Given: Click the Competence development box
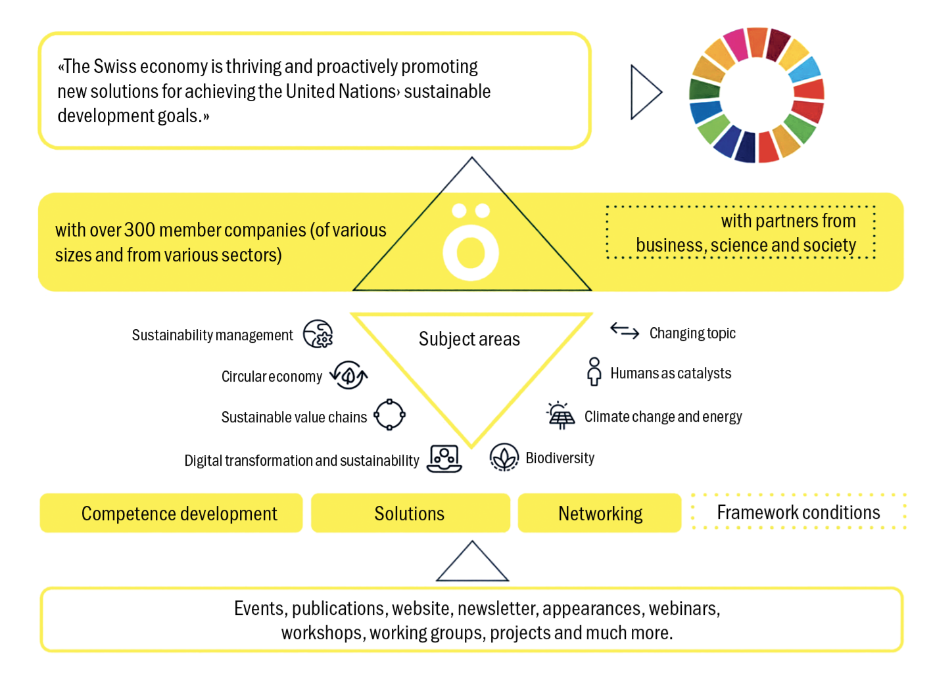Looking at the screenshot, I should pyautogui.click(x=171, y=513).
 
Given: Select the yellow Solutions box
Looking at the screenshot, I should pyautogui.click(x=410, y=513).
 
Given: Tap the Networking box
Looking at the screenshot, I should pyautogui.click(x=600, y=513).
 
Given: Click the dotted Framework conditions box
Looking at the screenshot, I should pyautogui.click(x=798, y=512).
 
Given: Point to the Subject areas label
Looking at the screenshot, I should pyautogui.click(x=469, y=339).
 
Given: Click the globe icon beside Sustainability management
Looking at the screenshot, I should pyautogui.click(x=318, y=334).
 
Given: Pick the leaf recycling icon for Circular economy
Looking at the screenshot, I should pyautogui.click(x=348, y=375).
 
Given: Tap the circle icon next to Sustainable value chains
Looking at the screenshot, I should pyautogui.click(x=389, y=415).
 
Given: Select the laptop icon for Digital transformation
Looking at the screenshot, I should pyautogui.click(x=444, y=459).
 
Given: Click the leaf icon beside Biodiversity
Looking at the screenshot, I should pyautogui.click(x=504, y=457).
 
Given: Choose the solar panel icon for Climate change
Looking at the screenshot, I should pyautogui.click(x=560, y=415).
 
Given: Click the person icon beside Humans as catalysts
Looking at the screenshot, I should pyautogui.click(x=594, y=372).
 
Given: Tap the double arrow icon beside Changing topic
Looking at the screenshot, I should pyautogui.click(x=625, y=330).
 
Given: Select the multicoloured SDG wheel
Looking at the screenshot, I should pyautogui.click(x=756, y=95).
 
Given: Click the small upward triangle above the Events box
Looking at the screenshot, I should pyautogui.click(x=472, y=564).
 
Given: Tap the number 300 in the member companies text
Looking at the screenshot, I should pyautogui.click(x=139, y=230).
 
